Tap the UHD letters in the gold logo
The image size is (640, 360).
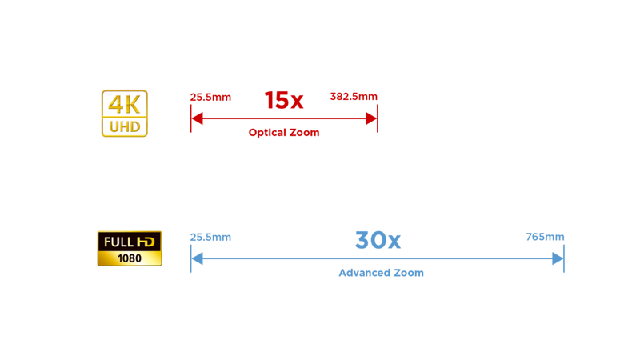click(124, 127)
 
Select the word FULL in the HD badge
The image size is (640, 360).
click(116, 241)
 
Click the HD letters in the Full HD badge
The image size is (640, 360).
click(148, 241)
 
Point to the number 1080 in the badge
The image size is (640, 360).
click(129, 258)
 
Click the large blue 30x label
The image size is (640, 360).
click(377, 239)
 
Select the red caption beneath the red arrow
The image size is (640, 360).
click(283, 134)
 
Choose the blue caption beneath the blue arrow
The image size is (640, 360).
click(380, 273)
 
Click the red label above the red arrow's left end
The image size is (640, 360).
click(210, 98)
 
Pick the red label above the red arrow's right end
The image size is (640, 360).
click(354, 97)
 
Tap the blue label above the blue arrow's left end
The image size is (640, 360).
click(210, 237)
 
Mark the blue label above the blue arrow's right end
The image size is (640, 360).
click(545, 237)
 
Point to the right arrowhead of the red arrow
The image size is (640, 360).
click(369, 118)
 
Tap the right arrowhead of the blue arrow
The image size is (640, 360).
click(555, 258)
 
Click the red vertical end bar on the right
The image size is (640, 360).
click(377, 118)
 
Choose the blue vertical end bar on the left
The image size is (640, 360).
click(190, 258)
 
